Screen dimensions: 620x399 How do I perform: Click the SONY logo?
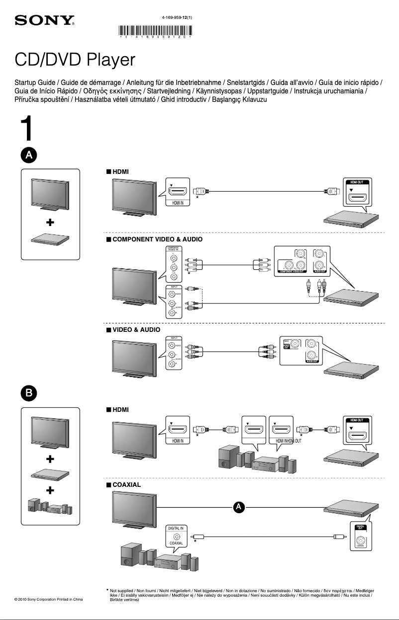tap(45, 21)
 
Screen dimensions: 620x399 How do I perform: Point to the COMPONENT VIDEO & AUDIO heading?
tap(154, 239)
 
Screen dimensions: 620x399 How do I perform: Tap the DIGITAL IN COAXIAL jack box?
tap(177, 535)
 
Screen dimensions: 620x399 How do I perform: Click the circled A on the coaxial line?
tap(239, 507)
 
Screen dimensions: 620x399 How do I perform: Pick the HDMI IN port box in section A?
tap(178, 193)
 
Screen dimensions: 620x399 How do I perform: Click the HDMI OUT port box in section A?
tap(356, 192)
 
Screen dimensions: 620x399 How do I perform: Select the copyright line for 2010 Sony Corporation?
tap(49, 600)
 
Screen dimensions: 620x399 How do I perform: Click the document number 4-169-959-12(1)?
tap(177, 17)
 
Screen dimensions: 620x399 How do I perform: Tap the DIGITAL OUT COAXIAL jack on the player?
tap(361, 536)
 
